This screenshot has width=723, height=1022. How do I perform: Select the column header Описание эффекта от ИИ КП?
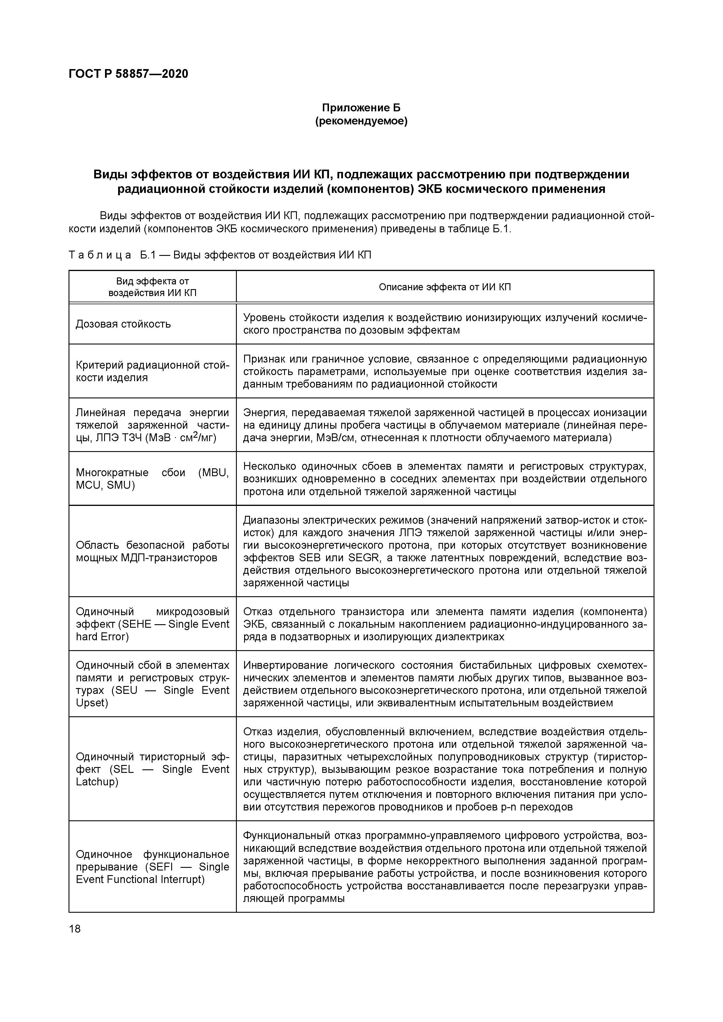click(444, 287)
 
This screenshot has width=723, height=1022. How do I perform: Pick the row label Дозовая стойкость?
click(123, 324)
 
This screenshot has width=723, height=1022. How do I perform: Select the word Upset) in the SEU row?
click(92, 703)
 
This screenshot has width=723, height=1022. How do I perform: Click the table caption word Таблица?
click(100, 255)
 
